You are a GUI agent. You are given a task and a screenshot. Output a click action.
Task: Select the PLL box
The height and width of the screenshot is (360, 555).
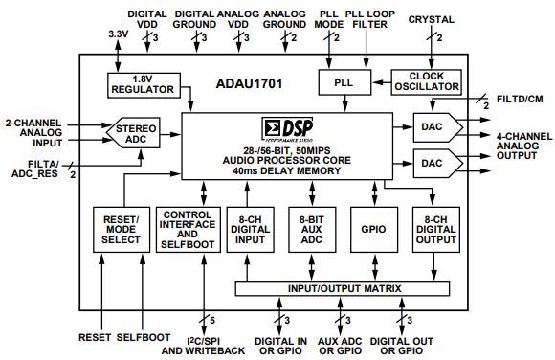(344, 82)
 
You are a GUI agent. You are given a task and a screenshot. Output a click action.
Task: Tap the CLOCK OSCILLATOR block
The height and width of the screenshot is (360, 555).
(427, 82)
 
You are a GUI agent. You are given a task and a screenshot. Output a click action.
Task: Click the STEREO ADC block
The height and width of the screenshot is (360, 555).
(136, 134)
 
